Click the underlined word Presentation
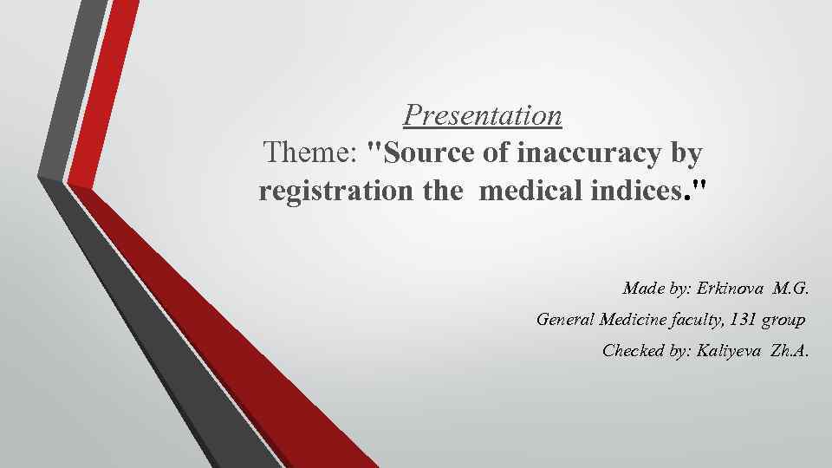pyautogui.click(x=483, y=114)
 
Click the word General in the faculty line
pyautogui.click(x=565, y=320)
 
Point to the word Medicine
pyautogui.click(x=632, y=320)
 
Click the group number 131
pyautogui.click(x=743, y=320)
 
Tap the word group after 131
pyautogui.click(x=783, y=320)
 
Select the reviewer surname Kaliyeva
pyautogui.click(x=727, y=352)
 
